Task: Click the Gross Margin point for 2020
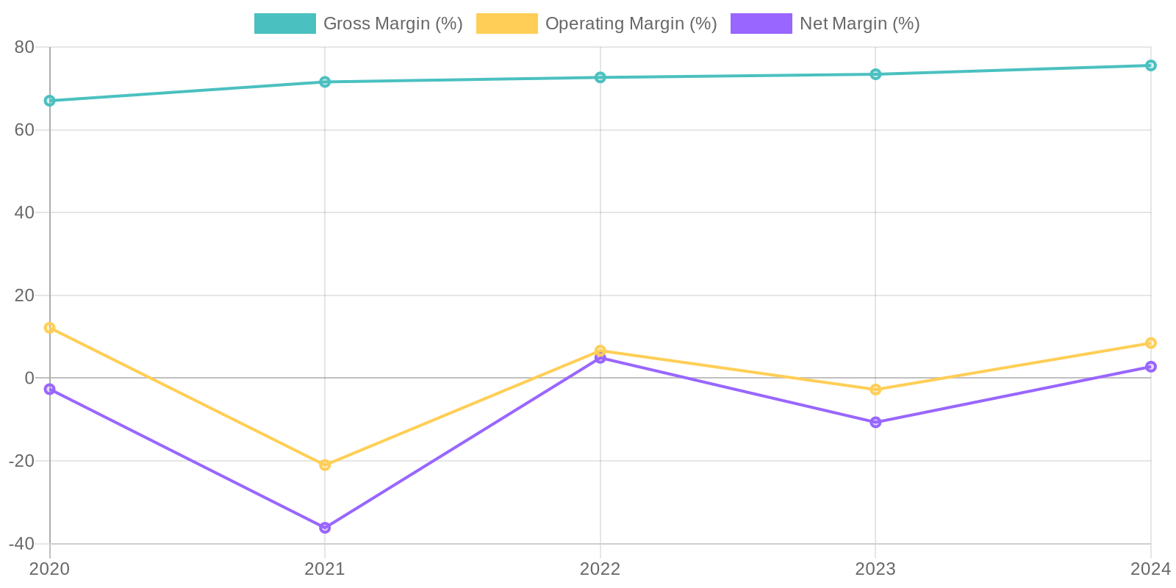49,101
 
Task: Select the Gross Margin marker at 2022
600,77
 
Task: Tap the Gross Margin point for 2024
1150,65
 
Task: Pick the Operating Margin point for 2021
325,465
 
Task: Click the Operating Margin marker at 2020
49,328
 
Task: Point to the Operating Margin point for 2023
875,390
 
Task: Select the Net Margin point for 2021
325,528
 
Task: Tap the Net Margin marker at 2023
875,422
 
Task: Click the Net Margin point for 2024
1150,367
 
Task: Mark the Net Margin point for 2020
49,389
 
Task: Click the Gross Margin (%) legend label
392,24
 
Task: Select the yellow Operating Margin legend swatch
506,24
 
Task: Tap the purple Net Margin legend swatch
761,24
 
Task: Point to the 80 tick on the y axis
24,47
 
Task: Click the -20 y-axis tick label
21,461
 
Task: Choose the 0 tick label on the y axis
29,378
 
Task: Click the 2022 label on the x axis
600,569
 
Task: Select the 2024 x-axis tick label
1150,569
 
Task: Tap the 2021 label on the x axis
325,569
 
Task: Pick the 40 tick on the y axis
24,212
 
